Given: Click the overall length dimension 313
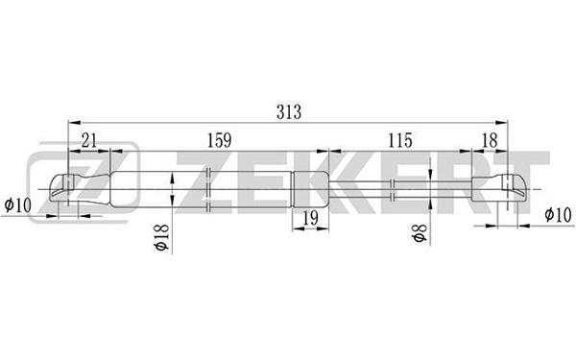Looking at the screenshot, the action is coord(289,111).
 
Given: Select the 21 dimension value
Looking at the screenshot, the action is coord(89,140).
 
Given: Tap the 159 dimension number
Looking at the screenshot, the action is coord(219,140).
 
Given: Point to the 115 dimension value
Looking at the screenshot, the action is coord(400,140).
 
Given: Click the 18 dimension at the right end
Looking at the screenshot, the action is coord(490,140).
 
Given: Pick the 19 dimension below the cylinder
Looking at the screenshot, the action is coord(310,218).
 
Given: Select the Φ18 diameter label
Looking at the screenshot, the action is coord(162,237).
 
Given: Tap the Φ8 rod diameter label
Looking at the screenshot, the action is coord(420,233).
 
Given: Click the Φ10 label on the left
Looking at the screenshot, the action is coord(17,205).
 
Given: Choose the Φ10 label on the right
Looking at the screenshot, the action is coord(559,214).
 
